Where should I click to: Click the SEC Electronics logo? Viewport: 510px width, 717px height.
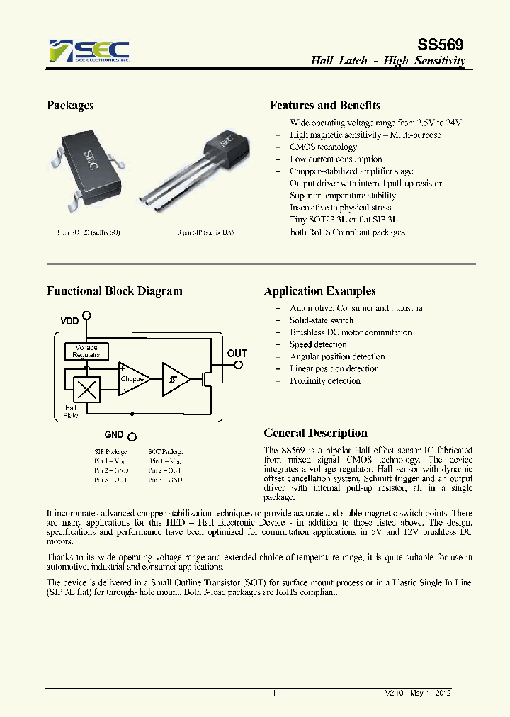pyautogui.click(x=89, y=51)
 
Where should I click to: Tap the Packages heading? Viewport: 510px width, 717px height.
pyautogui.click(x=70, y=106)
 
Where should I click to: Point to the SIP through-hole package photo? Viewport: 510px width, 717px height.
pyautogui.click(x=195, y=166)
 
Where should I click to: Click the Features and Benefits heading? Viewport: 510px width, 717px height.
pyautogui.click(x=325, y=106)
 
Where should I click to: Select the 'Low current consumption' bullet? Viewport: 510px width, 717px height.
pyautogui.click(x=335, y=159)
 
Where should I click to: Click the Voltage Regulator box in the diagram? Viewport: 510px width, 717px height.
pyautogui.click(x=86, y=351)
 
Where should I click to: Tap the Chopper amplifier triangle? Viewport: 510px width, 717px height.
pyautogui.click(x=133, y=379)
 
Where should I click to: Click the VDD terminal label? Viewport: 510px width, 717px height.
pyautogui.click(x=69, y=321)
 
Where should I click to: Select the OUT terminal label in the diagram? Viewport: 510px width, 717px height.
pyautogui.click(x=237, y=353)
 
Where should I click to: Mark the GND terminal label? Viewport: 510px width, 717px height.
pyautogui.click(x=113, y=435)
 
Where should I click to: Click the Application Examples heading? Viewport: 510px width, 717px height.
pyautogui.click(x=319, y=291)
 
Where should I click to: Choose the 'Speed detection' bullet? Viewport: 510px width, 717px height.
pyautogui.click(x=317, y=344)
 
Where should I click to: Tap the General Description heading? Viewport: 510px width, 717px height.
pyautogui.click(x=315, y=433)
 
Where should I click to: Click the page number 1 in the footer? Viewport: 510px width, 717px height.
pyautogui.click(x=273, y=694)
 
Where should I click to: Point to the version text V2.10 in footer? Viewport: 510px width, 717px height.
pyautogui.click(x=394, y=694)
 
